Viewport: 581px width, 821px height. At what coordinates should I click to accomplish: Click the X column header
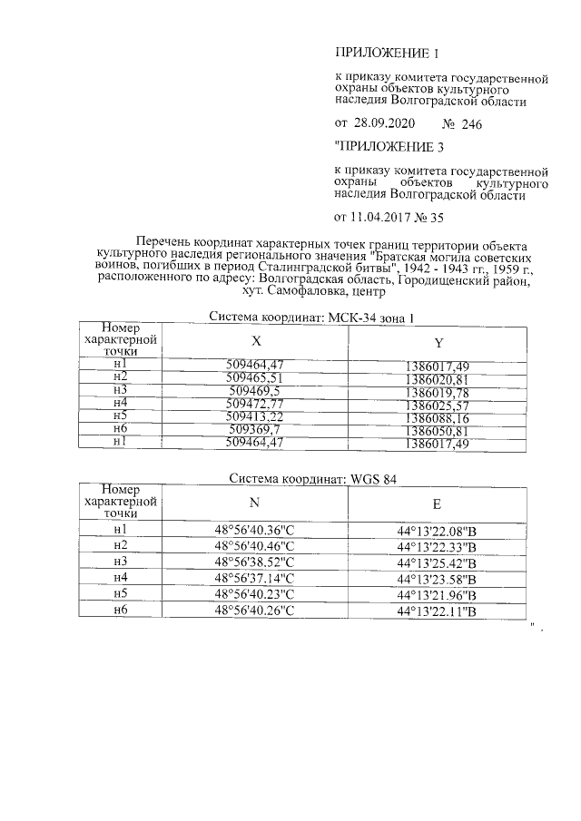257,341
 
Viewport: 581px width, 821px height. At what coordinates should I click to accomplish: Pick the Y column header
438,343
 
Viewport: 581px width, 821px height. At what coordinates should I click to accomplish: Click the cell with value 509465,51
257,376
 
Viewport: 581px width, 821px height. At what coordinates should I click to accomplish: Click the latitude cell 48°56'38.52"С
255,562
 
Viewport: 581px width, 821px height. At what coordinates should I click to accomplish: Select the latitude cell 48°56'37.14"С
255,578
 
